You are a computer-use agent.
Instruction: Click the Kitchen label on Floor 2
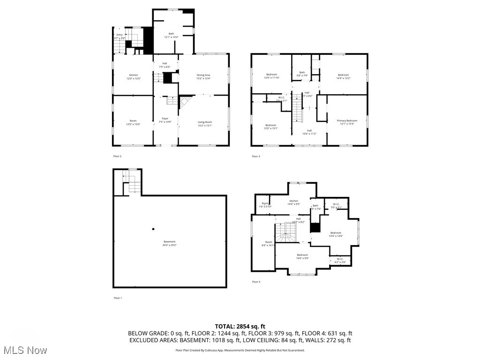(x=134, y=77)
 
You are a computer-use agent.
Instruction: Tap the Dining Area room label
(x=203, y=77)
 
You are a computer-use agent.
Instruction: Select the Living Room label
(x=204, y=124)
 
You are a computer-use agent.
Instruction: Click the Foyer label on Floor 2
(x=165, y=120)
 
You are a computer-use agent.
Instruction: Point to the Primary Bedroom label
(x=347, y=122)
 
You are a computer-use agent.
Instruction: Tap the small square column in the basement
(x=153, y=229)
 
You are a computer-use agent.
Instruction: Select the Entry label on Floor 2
(x=120, y=36)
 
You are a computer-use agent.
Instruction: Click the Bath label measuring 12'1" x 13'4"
(x=171, y=36)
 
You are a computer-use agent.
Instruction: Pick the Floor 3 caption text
(x=255, y=156)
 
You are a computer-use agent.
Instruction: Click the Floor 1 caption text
(x=117, y=298)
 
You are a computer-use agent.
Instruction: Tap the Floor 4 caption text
(x=256, y=282)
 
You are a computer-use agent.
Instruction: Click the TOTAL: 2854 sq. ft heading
(x=240, y=326)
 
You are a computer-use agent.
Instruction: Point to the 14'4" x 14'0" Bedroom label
(x=336, y=234)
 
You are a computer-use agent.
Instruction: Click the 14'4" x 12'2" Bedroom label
(x=343, y=76)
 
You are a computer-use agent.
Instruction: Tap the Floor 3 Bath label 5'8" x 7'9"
(x=302, y=74)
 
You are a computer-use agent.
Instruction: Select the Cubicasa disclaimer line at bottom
(x=240, y=350)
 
